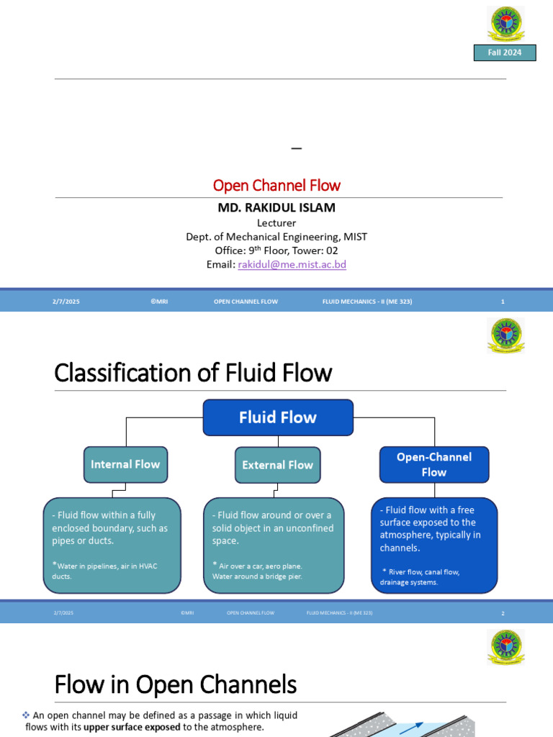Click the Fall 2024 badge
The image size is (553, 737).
point(504,53)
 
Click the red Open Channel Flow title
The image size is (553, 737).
point(276,185)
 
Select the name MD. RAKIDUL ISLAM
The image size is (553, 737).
point(276,208)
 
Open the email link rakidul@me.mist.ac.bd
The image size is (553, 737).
point(292,264)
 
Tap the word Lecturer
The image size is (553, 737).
point(276,223)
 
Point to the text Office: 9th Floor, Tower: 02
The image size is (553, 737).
point(276,250)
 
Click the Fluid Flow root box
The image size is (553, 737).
point(278,417)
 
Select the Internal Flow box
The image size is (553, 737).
point(125,464)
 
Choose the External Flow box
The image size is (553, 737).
point(277,465)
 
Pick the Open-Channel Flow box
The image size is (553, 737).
point(433,464)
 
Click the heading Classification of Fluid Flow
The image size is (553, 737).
point(193,373)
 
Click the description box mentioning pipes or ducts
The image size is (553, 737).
point(112,545)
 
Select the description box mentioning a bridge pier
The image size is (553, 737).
point(274,545)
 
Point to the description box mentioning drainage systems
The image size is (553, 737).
point(433,545)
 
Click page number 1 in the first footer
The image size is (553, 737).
point(503,302)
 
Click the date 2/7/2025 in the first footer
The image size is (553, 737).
point(66,302)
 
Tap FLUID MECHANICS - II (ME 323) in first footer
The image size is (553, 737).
point(367,302)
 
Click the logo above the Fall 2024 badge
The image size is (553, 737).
point(506,24)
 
